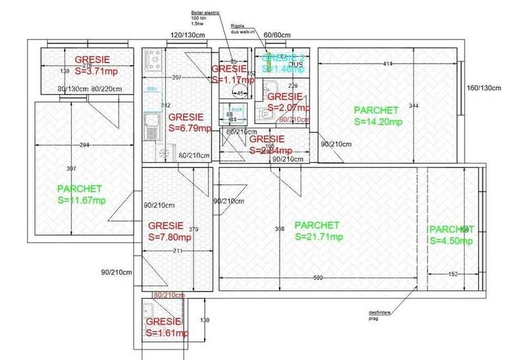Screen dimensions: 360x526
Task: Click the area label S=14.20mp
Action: [378, 121]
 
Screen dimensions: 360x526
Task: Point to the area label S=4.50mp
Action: [451, 240]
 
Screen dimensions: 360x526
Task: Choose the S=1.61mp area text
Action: [167, 333]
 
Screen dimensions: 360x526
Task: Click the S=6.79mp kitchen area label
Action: [190, 128]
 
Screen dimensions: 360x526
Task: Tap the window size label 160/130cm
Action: [484, 88]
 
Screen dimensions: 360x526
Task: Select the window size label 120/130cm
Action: [186, 35]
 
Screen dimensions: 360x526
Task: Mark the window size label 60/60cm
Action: [277, 35]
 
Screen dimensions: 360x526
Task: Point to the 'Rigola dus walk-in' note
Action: [244, 29]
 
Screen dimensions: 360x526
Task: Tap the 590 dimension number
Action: [318, 278]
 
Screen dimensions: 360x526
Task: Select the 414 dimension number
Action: [388, 63]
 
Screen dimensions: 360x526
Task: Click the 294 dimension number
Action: [84, 146]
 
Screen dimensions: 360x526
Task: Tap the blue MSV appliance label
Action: [152, 89]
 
